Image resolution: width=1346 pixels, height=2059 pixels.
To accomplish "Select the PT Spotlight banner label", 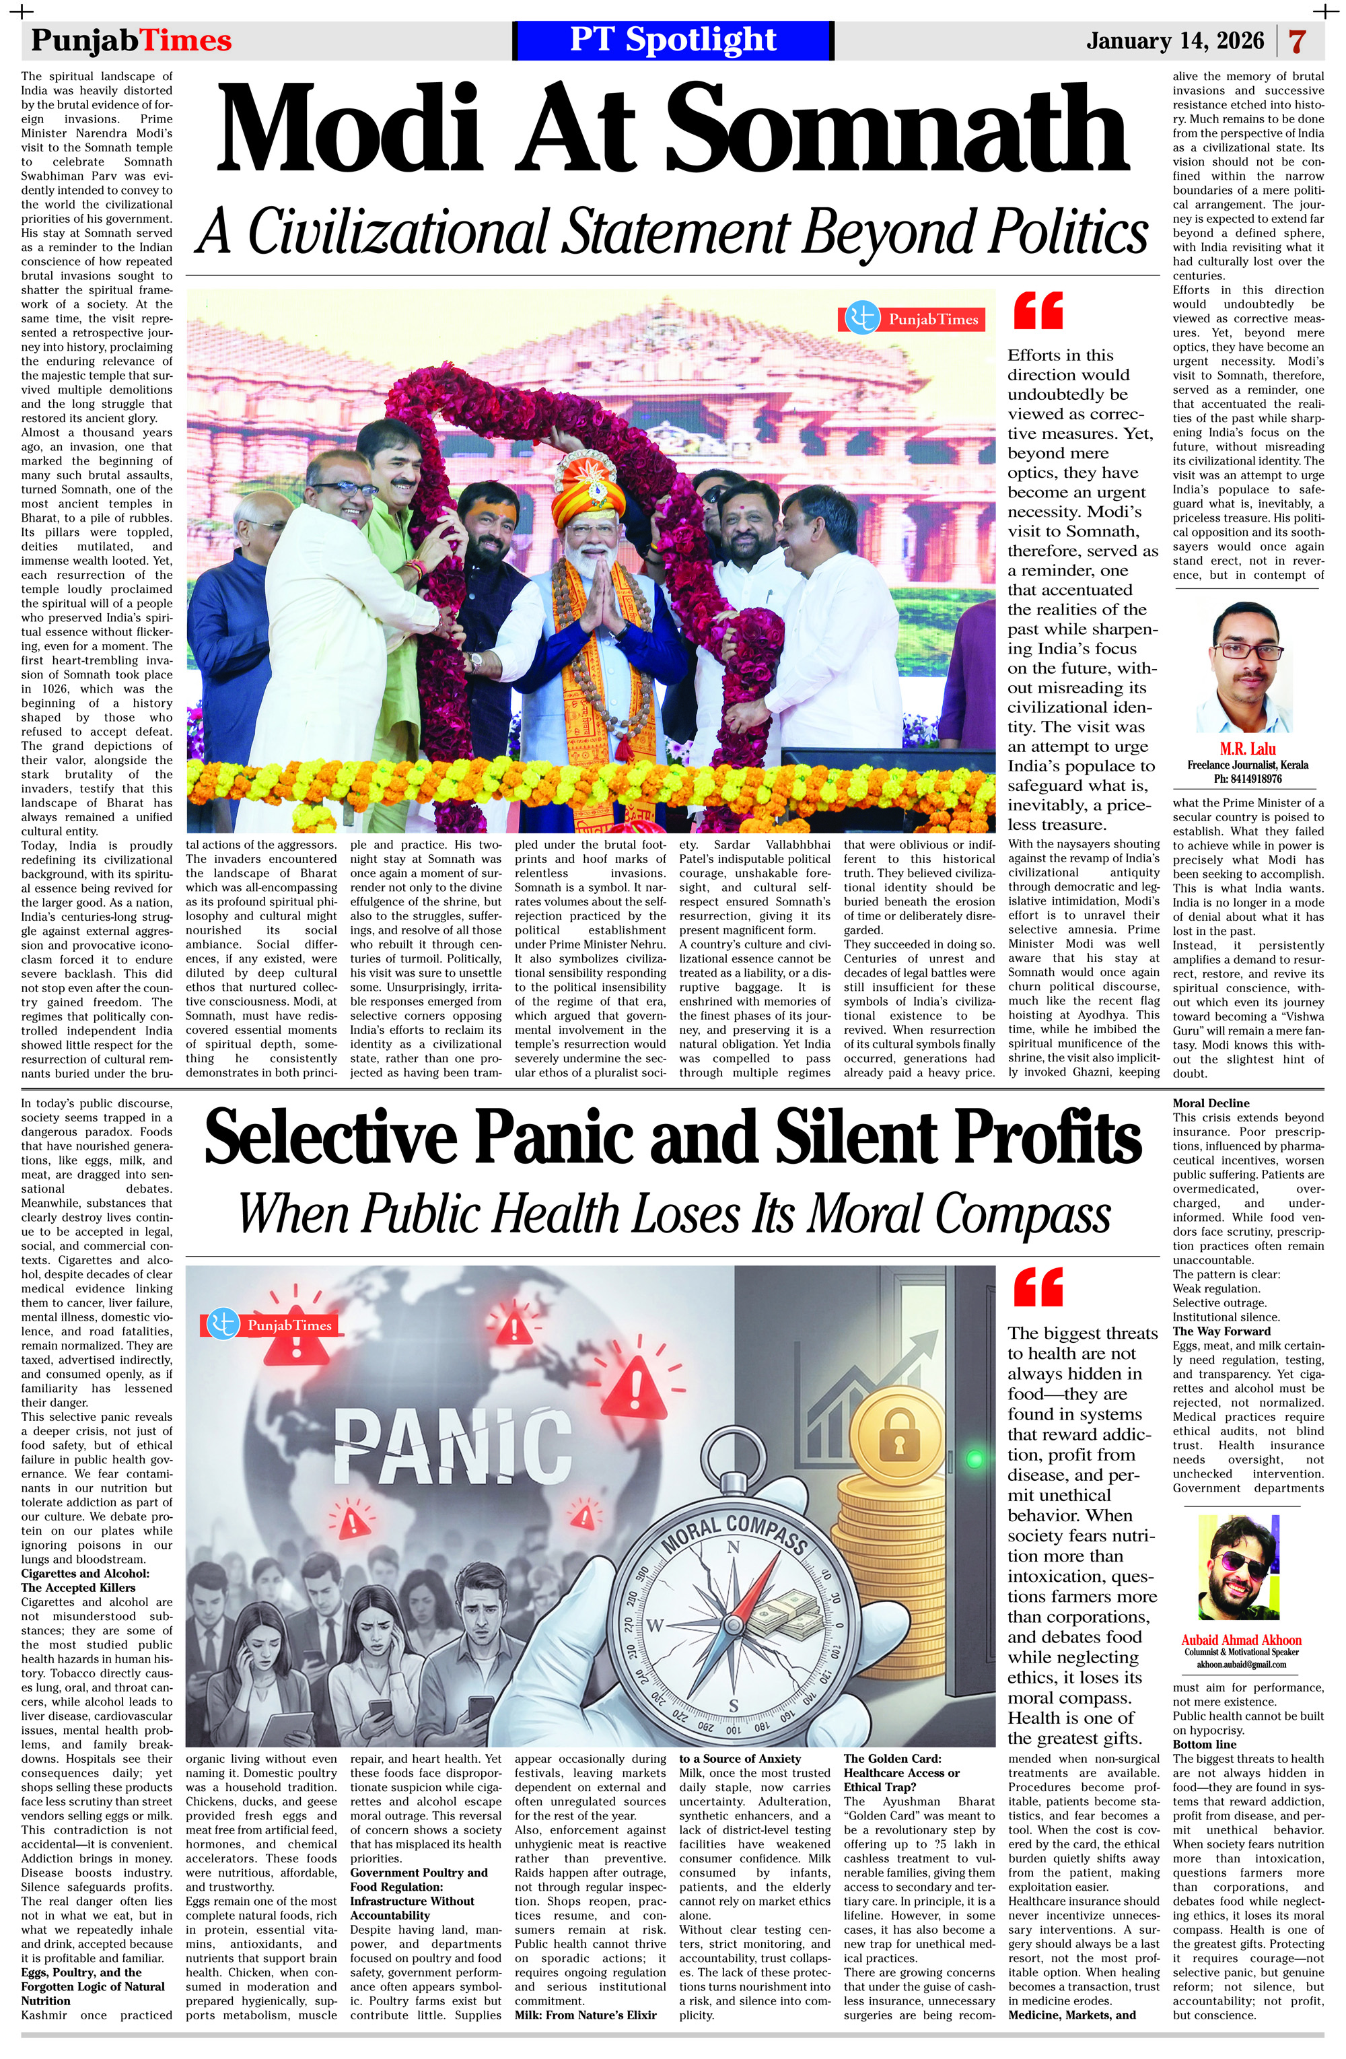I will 673,40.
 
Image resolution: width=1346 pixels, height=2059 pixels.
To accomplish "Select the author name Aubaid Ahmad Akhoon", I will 1240,1640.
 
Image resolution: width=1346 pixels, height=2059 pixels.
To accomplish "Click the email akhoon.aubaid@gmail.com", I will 1240,1664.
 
